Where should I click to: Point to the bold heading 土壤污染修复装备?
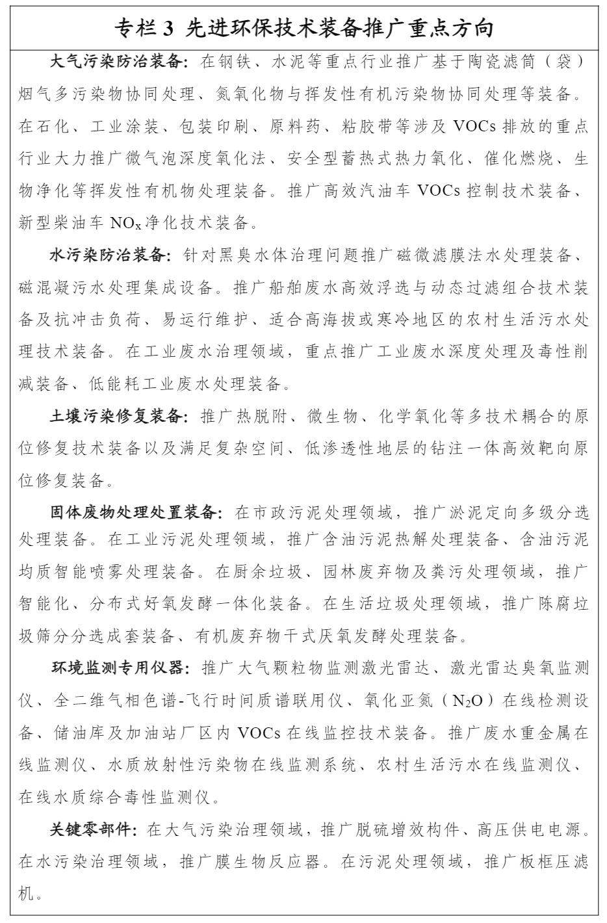[x=117, y=416]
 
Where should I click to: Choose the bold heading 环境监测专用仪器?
[x=117, y=668]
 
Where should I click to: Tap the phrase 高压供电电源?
[x=532, y=829]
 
